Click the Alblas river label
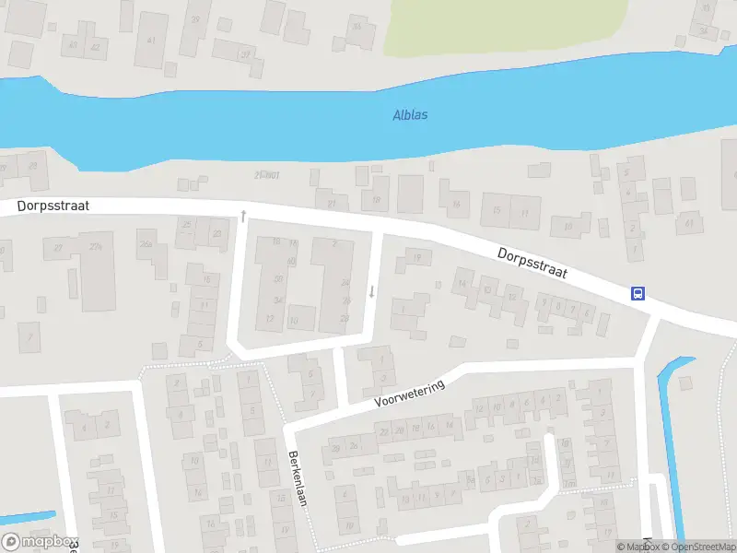pos(410,115)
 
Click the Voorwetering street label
pos(410,394)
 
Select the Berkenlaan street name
pos(298,478)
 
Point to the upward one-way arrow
pos(243,216)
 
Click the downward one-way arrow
pos(371,291)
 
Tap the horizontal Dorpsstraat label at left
pos(53,206)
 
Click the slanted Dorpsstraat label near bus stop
pos(531,264)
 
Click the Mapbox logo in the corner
pos(39,542)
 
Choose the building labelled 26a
pos(145,244)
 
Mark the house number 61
pos(688,222)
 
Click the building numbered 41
pos(150,40)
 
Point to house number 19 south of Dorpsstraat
pos(416,257)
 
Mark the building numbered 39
pos(195,19)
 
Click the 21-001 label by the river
pos(266,175)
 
